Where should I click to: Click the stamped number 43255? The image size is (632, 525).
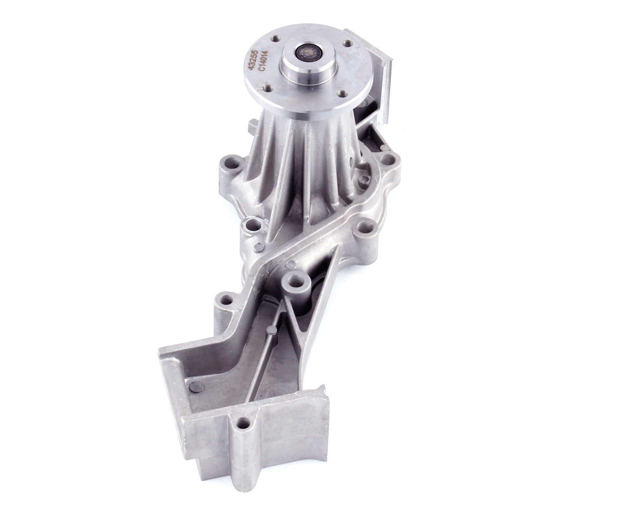coord(253,60)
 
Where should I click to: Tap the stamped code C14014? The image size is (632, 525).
coord(262,64)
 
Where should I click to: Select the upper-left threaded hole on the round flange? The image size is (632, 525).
coord(276,38)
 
